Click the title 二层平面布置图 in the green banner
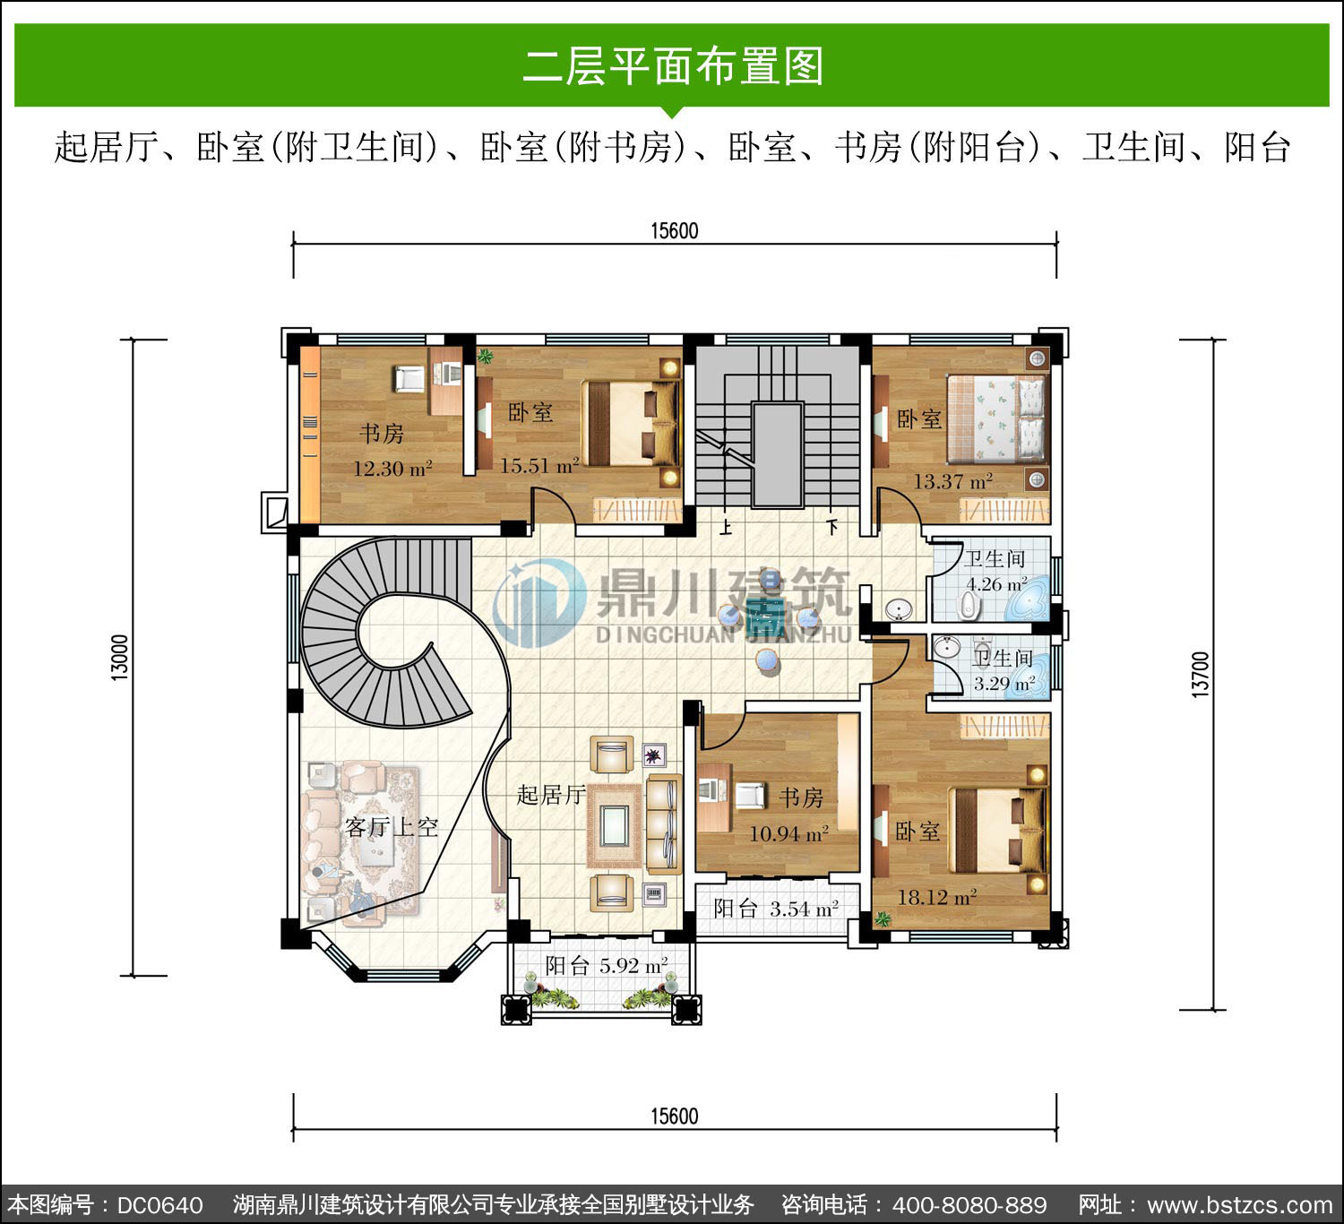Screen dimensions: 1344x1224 click(673, 66)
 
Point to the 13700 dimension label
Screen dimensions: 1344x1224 click(1200, 675)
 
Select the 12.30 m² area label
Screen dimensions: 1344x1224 click(392, 468)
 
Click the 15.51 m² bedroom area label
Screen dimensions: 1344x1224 click(539, 465)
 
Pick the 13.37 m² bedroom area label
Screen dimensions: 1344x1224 click(953, 480)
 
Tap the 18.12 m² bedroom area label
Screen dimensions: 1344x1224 click(937, 897)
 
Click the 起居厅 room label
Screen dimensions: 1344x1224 click(551, 795)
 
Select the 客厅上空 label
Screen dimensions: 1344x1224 click(392, 828)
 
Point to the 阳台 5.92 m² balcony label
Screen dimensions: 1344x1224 click(607, 965)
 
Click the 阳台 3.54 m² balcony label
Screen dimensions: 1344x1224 click(776, 909)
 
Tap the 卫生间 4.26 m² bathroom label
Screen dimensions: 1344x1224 click(995, 571)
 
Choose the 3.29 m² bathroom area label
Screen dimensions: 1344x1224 click(1004, 684)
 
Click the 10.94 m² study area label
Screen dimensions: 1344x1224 click(788, 833)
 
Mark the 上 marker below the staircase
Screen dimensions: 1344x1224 click(726, 528)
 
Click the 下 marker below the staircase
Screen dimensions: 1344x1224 click(832, 527)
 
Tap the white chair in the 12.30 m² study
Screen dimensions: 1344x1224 click(409, 378)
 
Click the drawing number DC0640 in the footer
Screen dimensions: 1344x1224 click(160, 1205)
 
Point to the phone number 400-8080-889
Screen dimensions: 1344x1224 click(969, 1205)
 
